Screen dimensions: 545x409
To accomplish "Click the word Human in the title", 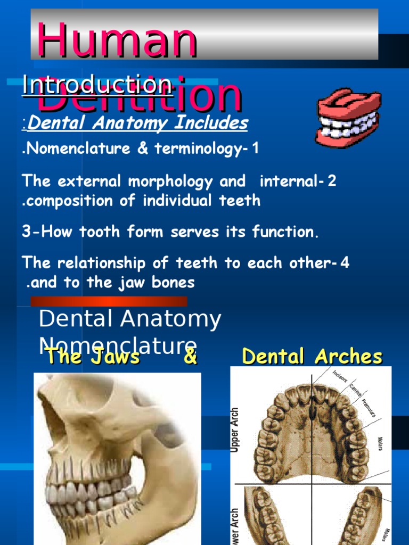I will (x=117, y=41).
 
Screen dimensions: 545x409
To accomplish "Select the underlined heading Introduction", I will (x=97, y=85).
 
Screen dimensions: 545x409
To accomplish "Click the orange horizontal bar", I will (x=109, y=301).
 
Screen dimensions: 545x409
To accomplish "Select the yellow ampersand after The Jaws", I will (x=190, y=357).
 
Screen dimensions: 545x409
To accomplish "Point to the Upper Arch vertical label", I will (x=235, y=430).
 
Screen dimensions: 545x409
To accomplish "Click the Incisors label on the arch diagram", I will (x=340, y=375).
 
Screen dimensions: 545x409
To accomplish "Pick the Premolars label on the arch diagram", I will (x=367, y=407).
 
